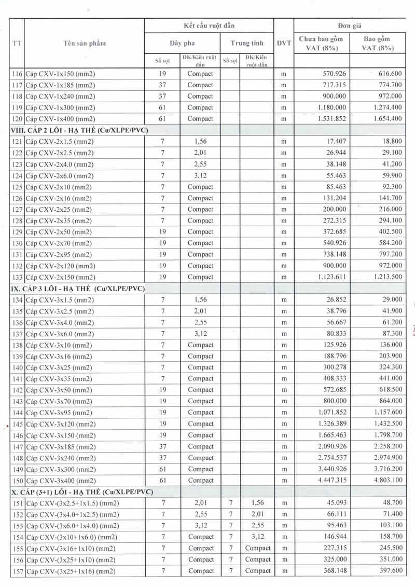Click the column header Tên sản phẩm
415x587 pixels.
(84, 44)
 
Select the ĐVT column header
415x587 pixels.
(284, 44)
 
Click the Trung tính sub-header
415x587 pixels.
(247, 44)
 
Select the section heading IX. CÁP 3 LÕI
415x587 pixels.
(78, 288)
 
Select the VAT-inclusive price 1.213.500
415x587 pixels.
(383, 277)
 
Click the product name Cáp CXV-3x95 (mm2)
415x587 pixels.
(59, 413)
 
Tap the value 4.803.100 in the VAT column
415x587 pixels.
(383, 481)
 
